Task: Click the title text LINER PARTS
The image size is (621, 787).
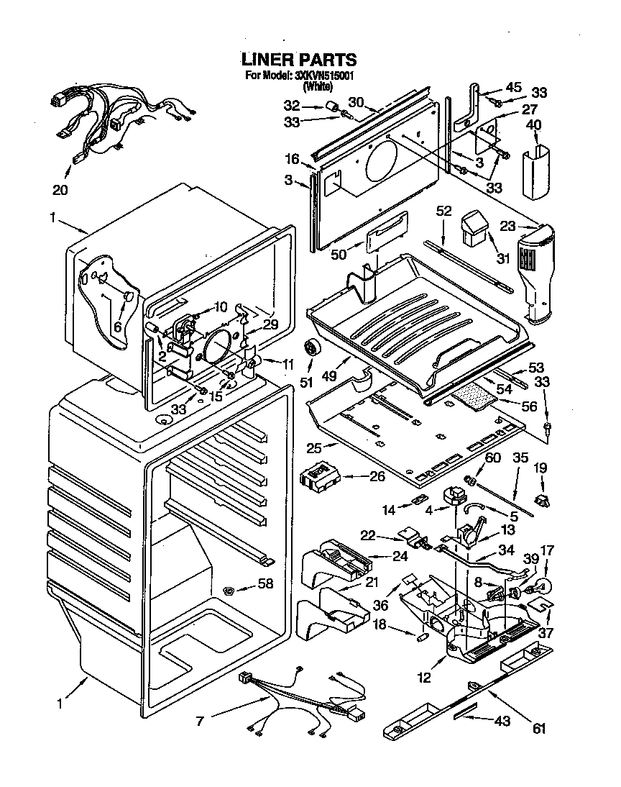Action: pyautogui.click(x=298, y=59)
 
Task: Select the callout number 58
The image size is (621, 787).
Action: pyautogui.click(x=265, y=584)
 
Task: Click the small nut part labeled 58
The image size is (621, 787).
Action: pyautogui.click(x=229, y=591)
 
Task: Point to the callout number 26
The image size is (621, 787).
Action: pyautogui.click(x=377, y=476)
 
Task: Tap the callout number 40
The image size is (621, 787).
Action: pyautogui.click(x=534, y=124)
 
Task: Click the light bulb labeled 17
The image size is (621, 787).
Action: pyautogui.click(x=545, y=584)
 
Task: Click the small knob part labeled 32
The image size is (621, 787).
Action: pyautogui.click(x=333, y=106)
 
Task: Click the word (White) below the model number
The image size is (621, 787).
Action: pyautogui.click(x=317, y=86)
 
